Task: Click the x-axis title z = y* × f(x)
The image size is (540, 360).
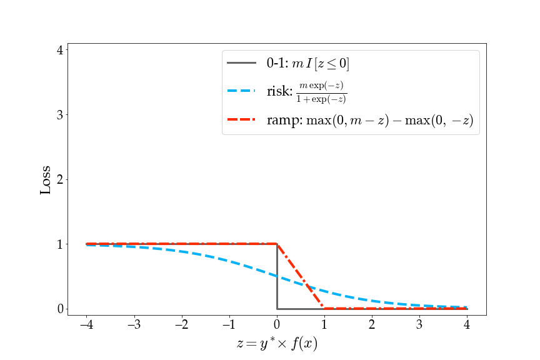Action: click(277, 344)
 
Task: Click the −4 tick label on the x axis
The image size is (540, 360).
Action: click(86, 325)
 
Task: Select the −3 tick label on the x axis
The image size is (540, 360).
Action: click(134, 325)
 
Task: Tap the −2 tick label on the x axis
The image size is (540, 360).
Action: click(181, 325)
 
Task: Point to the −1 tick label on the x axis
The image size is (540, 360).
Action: click(229, 325)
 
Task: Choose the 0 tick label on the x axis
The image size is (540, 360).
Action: click(277, 325)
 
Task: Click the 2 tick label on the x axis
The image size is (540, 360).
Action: click(372, 325)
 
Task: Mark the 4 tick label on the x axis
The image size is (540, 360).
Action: click(467, 325)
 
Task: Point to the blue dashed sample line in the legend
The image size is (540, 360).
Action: click(241, 91)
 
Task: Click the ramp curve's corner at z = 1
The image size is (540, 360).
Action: click(324, 308)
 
